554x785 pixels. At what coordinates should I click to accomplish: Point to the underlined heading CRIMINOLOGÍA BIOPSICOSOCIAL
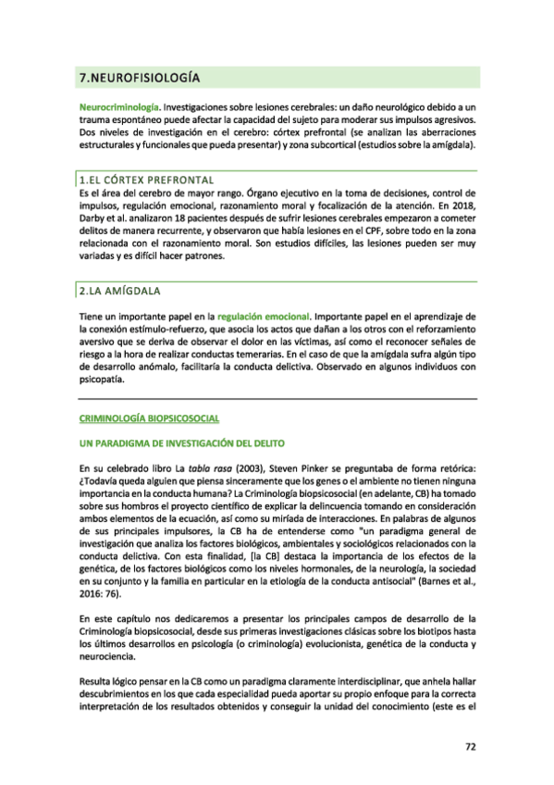tap(149, 419)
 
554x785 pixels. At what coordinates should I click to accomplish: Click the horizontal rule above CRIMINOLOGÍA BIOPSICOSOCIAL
tap(277, 397)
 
